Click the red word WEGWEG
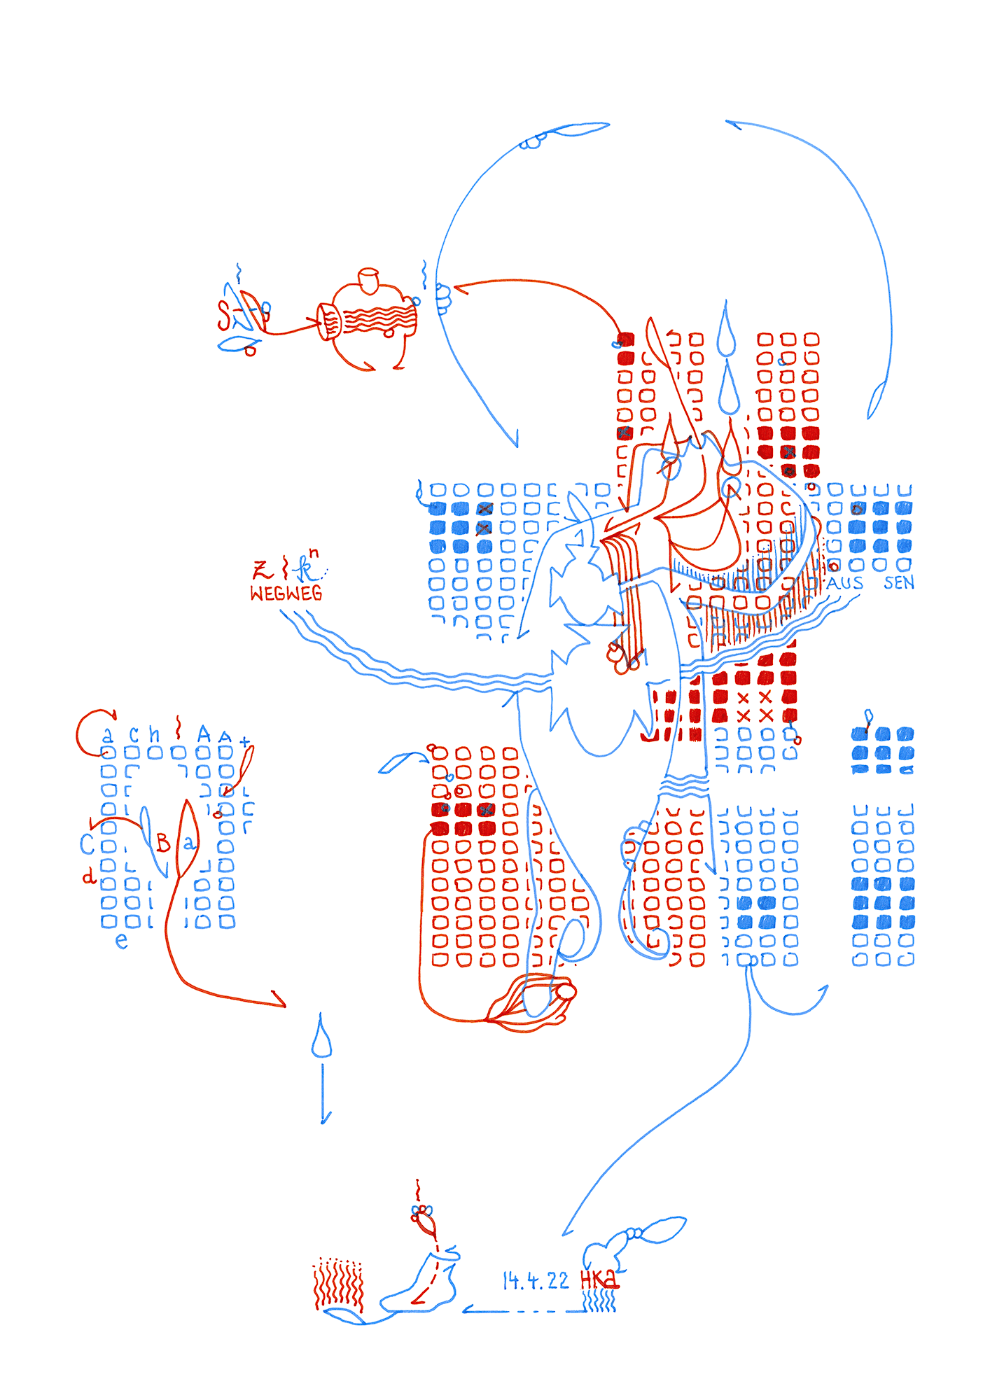(x=286, y=594)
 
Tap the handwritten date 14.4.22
(x=536, y=1281)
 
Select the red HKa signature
(x=599, y=1280)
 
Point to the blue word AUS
(x=844, y=583)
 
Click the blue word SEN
(x=898, y=582)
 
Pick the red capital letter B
(x=163, y=843)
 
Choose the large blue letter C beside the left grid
(x=87, y=844)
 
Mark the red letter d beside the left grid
(x=89, y=876)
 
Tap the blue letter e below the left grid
(x=122, y=941)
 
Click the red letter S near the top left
(x=223, y=316)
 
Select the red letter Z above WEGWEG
(x=262, y=569)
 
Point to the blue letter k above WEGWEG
(x=305, y=569)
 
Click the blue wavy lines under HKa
(x=599, y=1303)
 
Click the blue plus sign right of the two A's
(x=244, y=741)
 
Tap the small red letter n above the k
(x=314, y=553)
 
